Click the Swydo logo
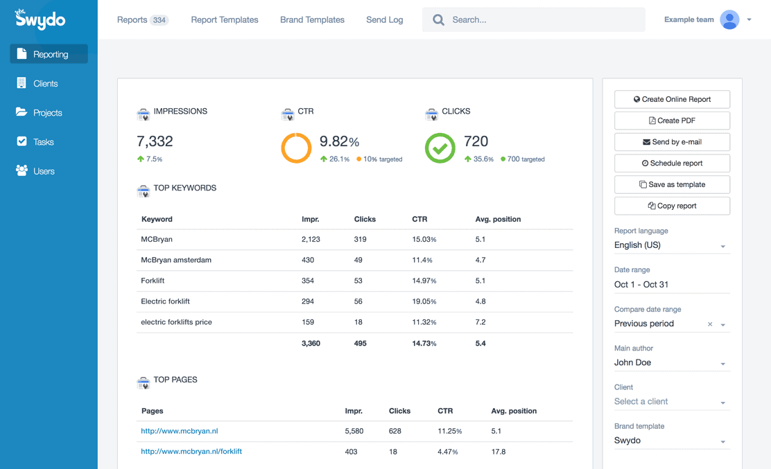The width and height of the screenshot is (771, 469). [x=40, y=19]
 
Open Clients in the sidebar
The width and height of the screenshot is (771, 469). [x=45, y=84]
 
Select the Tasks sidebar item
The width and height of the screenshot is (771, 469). [x=43, y=142]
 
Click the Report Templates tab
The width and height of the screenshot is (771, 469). [x=225, y=20]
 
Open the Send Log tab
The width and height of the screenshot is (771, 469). [x=384, y=20]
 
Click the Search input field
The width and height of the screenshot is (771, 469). [x=541, y=20]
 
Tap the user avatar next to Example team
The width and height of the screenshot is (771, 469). [x=729, y=20]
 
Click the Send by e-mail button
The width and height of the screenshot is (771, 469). [x=672, y=142]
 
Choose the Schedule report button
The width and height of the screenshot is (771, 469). [x=672, y=163]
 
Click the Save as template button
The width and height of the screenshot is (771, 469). [x=672, y=185]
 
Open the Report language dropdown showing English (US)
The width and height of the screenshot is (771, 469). [x=670, y=245]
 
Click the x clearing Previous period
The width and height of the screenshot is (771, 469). [x=710, y=324]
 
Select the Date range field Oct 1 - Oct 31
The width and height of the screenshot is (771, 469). [x=670, y=285]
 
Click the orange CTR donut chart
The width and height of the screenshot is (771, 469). [x=296, y=148]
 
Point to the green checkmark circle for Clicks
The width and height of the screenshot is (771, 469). [x=440, y=148]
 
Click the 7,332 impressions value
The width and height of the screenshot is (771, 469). [x=155, y=141]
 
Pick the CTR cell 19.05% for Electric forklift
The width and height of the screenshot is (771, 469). [x=424, y=302]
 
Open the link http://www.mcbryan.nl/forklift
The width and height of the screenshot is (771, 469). [x=191, y=452]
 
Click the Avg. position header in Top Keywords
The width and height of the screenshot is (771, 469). [x=498, y=220]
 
